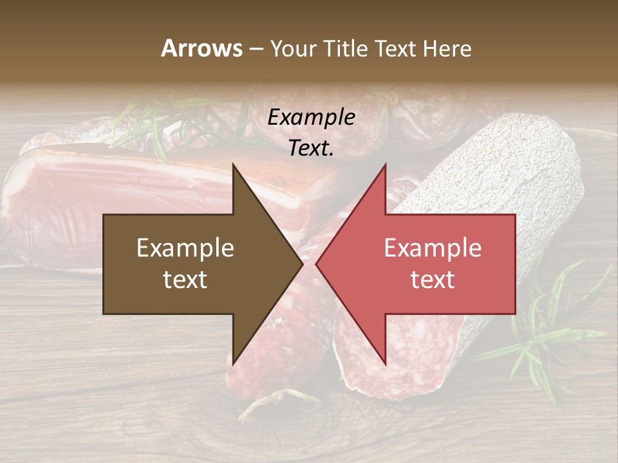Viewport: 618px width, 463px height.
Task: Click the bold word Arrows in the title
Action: point(201,48)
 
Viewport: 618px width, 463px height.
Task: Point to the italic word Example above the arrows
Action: point(312,118)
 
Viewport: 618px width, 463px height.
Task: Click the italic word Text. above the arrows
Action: point(312,149)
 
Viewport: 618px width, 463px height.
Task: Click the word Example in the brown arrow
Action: point(185,248)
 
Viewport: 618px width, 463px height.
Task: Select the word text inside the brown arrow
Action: point(185,279)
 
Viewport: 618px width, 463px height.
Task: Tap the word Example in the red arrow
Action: point(433,248)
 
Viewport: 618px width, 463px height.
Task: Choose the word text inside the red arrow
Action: point(433,279)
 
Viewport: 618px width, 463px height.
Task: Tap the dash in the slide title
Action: point(256,50)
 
